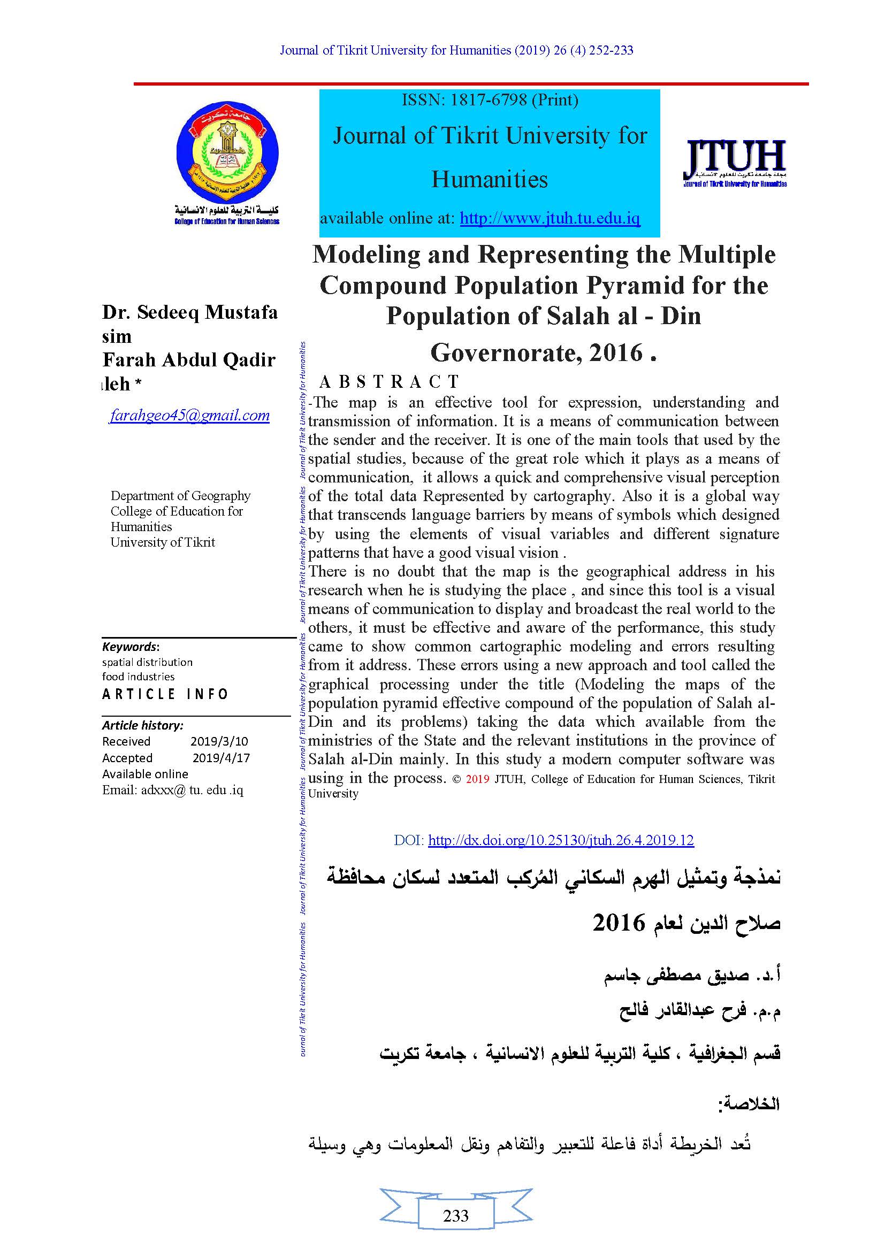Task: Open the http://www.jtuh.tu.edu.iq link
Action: coord(550,219)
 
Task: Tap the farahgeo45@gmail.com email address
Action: coord(189,416)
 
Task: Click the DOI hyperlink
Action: coord(561,840)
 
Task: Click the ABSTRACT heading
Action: coord(389,381)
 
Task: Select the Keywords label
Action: coord(129,647)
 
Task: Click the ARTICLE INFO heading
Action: coord(165,694)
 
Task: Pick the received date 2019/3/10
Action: coord(219,741)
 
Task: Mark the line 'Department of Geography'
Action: coord(180,496)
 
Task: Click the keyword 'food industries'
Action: coord(138,677)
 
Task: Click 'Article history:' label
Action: coord(142,725)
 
